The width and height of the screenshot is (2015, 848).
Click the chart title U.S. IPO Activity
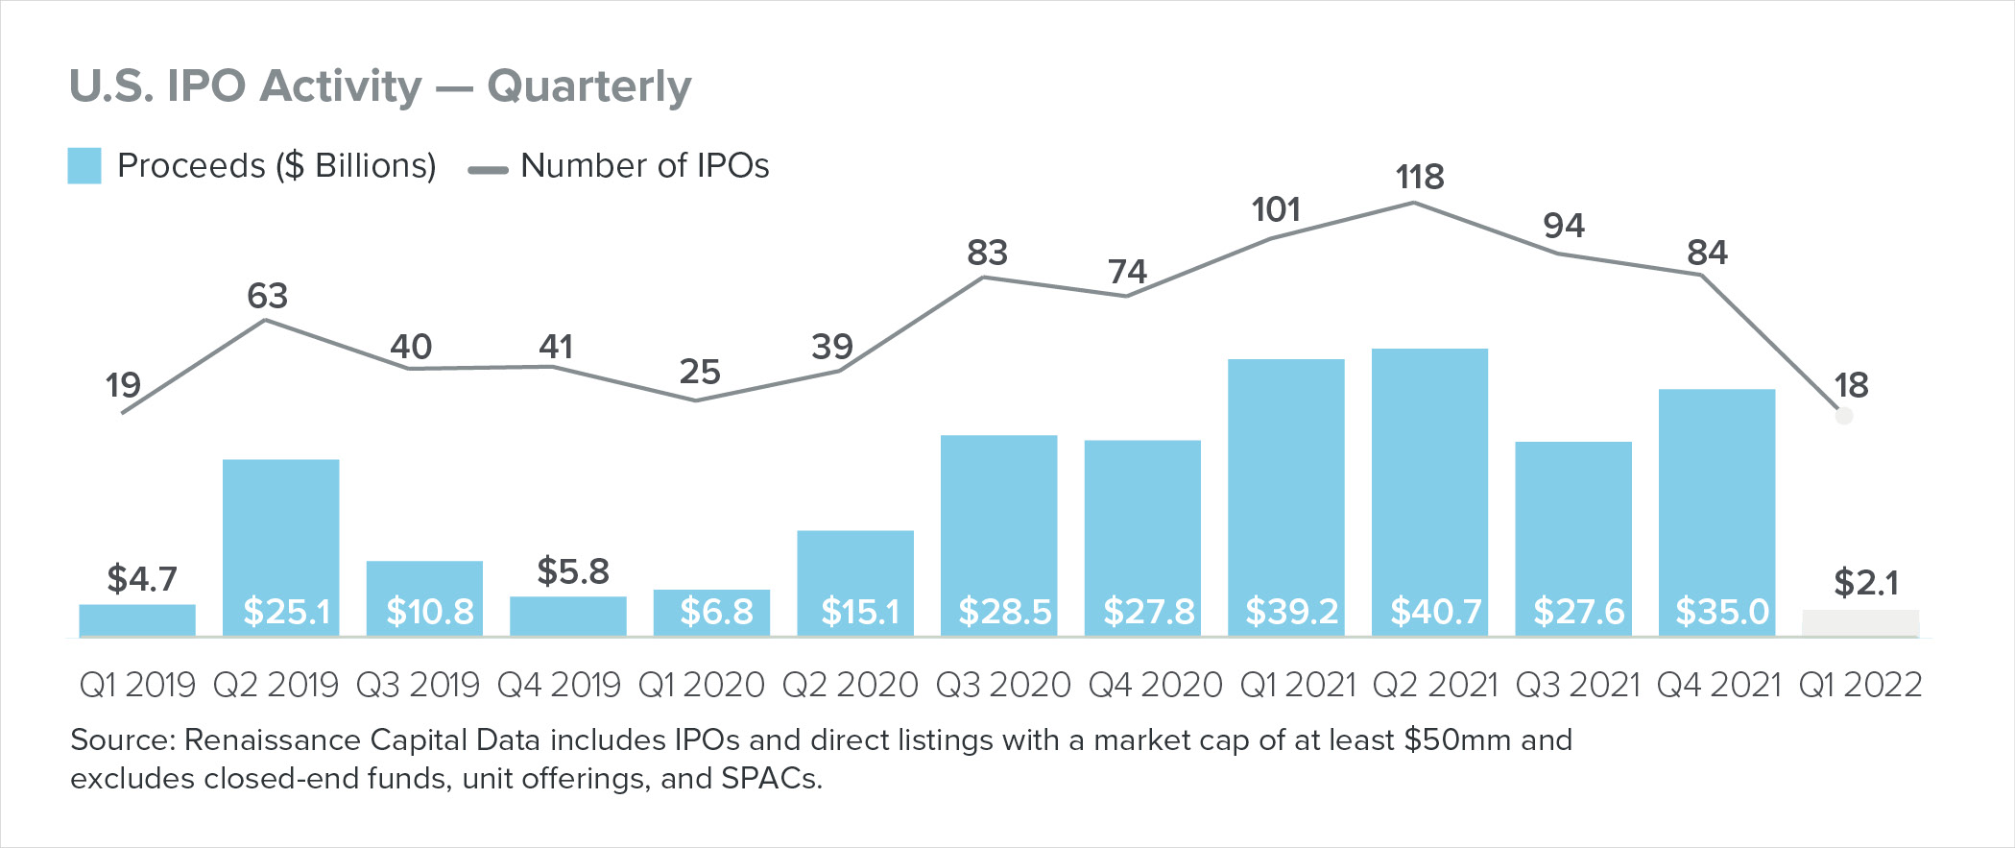(x=379, y=86)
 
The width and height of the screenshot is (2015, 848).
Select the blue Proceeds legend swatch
(x=84, y=166)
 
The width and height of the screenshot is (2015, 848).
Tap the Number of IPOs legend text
(x=644, y=166)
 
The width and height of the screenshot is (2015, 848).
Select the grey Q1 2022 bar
(x=1860, y=623)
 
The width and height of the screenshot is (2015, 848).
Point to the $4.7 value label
(x=142, y=579)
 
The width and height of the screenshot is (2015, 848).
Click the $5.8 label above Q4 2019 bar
(x=573, y=571)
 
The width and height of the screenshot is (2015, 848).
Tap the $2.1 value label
(x=1866, y=582)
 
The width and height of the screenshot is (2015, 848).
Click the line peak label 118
(x=1419, y=177)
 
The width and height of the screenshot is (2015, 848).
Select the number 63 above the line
(x=267, y=296)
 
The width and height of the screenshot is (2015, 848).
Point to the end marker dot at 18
(x=1844, y=416)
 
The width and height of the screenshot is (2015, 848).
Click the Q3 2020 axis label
(x=1002, y=685)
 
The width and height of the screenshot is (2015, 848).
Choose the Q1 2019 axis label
(x=137, y=685)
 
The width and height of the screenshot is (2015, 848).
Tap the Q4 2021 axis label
(x=1719, y=685)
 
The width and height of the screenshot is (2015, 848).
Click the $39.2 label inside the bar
(x=1291, y=612)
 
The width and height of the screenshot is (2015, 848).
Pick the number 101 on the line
(x=1276, y=209)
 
